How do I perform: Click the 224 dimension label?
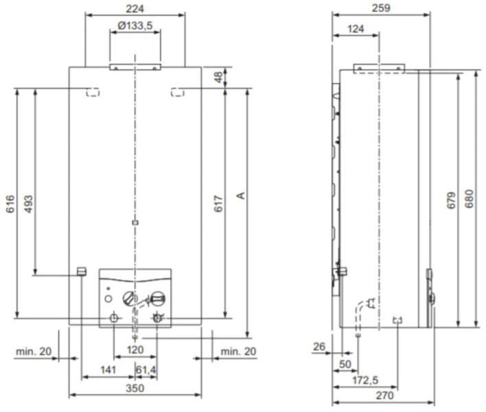pos(135,9)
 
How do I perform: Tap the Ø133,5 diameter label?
pos(135,25)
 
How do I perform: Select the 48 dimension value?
pos(218,77)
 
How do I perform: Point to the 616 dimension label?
pos(10,204)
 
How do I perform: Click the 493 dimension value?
pos(28,204)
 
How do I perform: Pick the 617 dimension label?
pos(218,204)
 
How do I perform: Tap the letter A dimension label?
pos(241,196)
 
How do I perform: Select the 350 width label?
pos(135,388)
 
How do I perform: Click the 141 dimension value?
pos(108,370)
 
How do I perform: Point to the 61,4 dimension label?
pos(146,370)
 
